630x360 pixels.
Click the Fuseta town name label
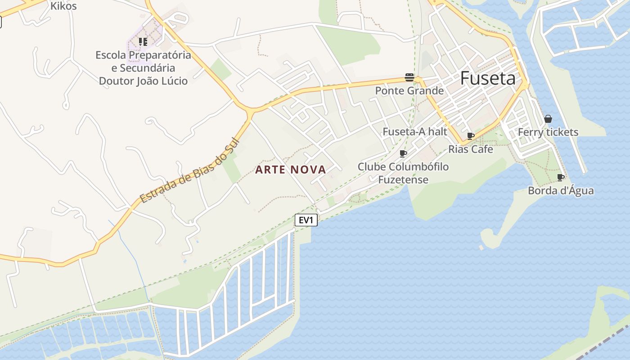pyautogui.click(x=488, y=79)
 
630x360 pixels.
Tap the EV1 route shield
pyautogui.click(x=306, y=220)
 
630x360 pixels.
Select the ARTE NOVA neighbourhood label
pyautogui.click(x=291, y=170)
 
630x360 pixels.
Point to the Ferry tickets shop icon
pyautogui.click(x=548, y=119)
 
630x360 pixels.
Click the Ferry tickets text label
pyautogui.click(x=548, y=132)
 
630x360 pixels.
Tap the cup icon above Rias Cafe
pyautogui.click(x=471, y=136)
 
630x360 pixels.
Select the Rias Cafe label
pyautogui.click(x=471, y=149)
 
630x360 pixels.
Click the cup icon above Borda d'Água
pyautogui.click(x=560, y=177)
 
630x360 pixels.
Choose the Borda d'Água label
pyautogui.click(x=561, y=191)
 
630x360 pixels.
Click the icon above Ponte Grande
pyautogui.click(x=409, y=77)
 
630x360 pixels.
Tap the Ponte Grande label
pyautogui.click(x=409, y=91)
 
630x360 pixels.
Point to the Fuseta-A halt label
pyautogui.click(x=415, y=131)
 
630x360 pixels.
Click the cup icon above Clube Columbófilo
pyautogui.click(x=403, y=153)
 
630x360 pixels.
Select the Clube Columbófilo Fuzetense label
pyautogui.click(x=403, y=173)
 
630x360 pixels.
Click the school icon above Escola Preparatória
pyautogui.click(x=143, y=42)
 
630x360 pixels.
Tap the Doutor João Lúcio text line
pyautogui.click(x=143, y=81)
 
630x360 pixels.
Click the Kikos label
pyautogui.click(x=63, y=6)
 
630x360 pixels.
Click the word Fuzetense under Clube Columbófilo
pyautogui.click(x=403, y=180)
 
